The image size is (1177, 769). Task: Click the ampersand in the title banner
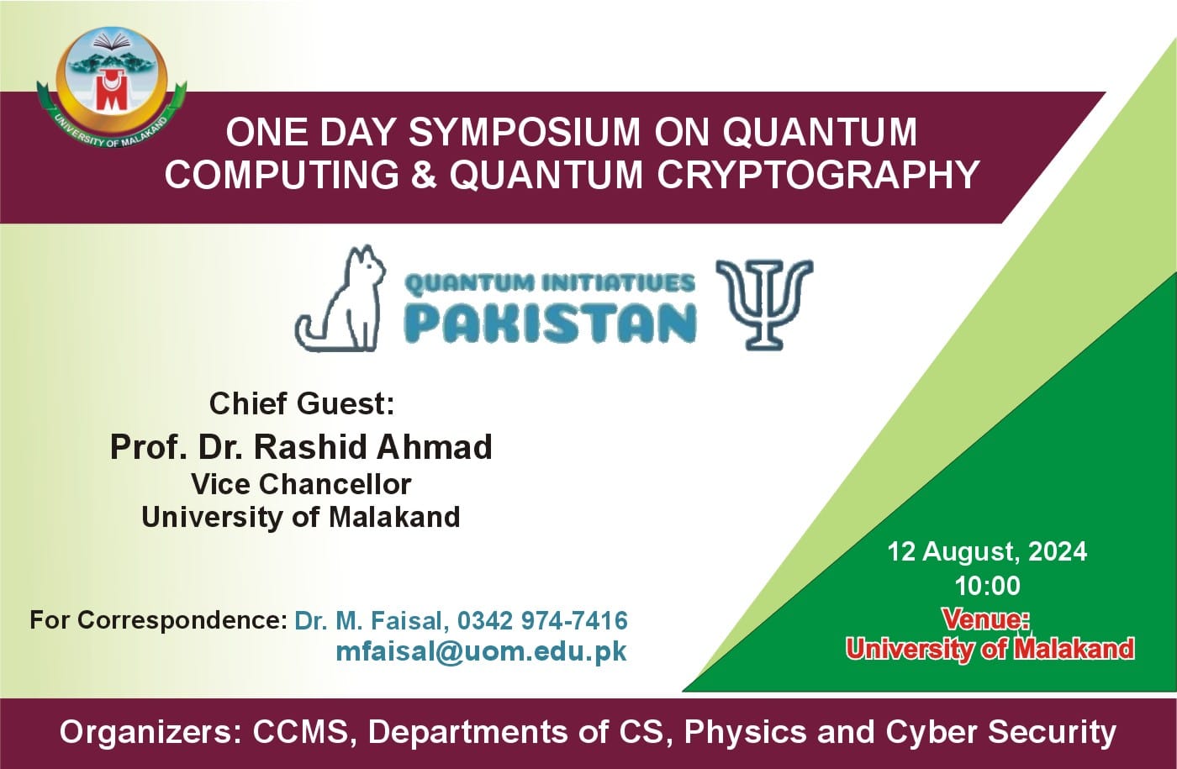tap(424, 175)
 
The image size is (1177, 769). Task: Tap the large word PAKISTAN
tap(551, 322)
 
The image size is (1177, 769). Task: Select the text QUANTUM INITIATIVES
tap(550, 283)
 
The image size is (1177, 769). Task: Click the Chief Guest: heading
tap(301, 404)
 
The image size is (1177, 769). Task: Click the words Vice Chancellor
tap(301, 484)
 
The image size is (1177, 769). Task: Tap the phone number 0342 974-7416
tap(542, 620)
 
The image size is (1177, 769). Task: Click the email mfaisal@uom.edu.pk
tap(481, 651)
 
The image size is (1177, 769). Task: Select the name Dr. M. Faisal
tap(367, 620)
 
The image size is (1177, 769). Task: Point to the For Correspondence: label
tap(158, 620)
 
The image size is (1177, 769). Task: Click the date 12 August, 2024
tap(987, 551)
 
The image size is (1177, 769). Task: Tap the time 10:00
tap(987, 586)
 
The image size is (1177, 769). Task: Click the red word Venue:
tap(986, 619)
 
